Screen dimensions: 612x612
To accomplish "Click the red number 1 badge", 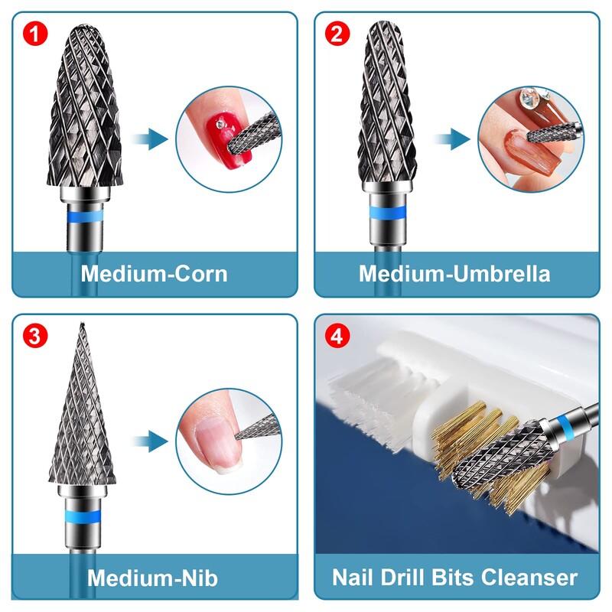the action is tap(35, 34).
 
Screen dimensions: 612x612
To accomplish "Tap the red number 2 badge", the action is tap(337, 34).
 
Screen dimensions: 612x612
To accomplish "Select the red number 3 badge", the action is tap(35, 336).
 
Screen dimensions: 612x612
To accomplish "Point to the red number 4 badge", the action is tap(337, 336).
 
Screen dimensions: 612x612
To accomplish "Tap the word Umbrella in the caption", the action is tap(502, 274).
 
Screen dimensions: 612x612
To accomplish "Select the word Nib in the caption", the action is tap(199, 578).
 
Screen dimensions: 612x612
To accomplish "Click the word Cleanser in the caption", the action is tap(529, 578).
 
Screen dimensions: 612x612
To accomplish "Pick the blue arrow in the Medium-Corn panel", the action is tap(149, 139).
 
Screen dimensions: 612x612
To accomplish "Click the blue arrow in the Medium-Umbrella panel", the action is tap(451, 139).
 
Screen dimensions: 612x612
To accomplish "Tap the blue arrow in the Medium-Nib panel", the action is tap(149, 441).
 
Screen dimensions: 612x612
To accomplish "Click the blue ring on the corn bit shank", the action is tap(85, 216).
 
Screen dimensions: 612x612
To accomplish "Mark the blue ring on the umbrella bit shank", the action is tap(387, 213).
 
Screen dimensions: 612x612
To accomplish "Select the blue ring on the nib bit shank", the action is tap(83, 516).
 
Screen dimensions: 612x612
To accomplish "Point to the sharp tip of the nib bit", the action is tap(82, 324).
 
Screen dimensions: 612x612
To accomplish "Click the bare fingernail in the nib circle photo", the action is tap(220, 446).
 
